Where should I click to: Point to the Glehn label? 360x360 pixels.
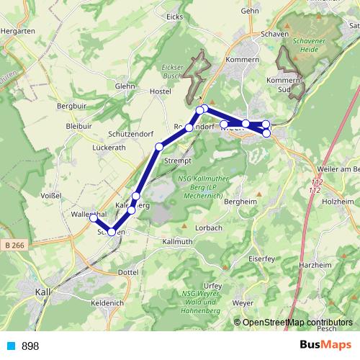125,86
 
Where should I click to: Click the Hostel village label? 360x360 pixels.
158,92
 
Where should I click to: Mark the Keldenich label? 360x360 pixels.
107,304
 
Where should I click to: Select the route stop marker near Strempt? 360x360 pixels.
159,147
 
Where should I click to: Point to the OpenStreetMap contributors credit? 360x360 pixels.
297,323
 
